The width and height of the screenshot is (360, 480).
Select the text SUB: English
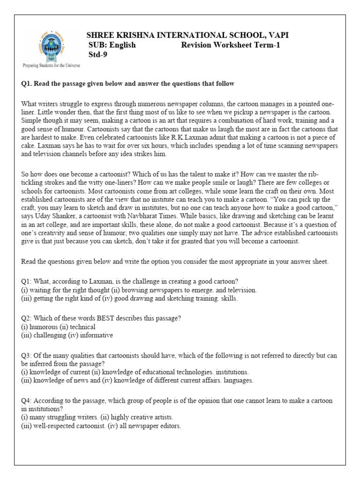112,45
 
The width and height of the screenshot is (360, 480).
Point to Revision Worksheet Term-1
231,45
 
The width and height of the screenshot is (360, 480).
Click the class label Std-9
98,54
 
